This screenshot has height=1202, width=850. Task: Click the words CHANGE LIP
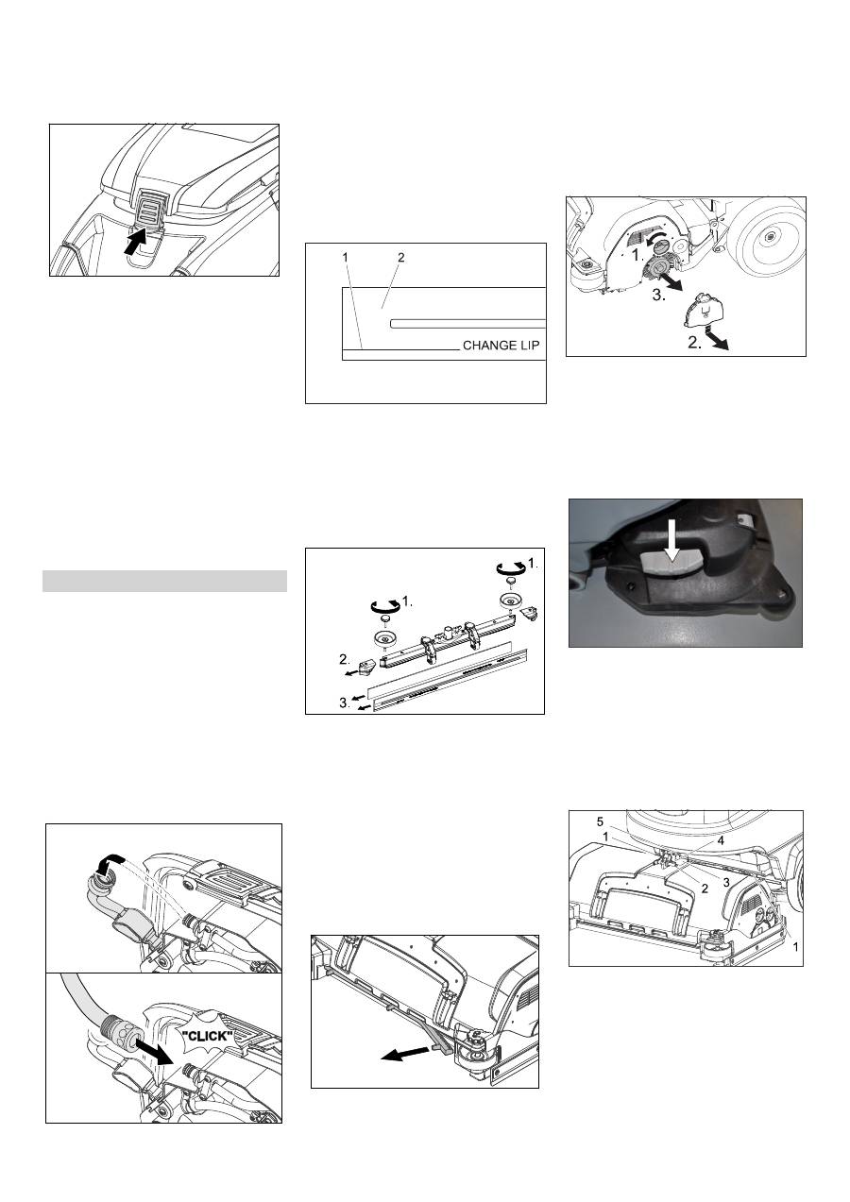(501, 345)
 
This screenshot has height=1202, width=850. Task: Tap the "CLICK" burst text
(208, 1035)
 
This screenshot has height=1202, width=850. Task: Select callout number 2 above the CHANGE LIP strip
(400, 258)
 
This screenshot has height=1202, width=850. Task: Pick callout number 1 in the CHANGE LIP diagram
(345, 258)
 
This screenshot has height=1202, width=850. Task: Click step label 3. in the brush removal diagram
(659, 295)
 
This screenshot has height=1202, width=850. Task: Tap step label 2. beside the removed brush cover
(695, 343)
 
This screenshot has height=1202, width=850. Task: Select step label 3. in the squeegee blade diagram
(345, 702)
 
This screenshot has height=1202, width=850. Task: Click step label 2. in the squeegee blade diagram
(345, 658)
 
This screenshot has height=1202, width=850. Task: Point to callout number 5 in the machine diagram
(600, 821)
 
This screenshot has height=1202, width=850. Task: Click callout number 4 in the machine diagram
(721, 840)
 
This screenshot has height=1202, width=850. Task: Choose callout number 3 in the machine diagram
(726, 882)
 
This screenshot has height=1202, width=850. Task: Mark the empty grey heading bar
(164, 581)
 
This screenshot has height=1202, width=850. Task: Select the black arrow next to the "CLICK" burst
(154, 1052)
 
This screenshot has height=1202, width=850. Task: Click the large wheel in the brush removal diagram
(771, 237)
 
